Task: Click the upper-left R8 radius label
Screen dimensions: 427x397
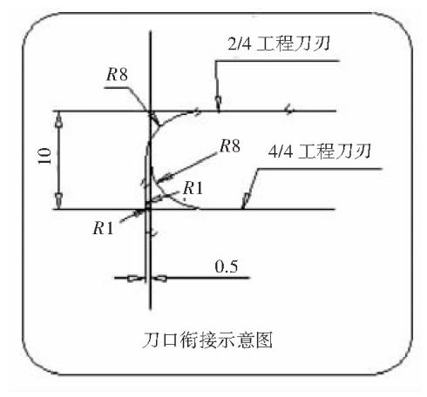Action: [x=117, y=75]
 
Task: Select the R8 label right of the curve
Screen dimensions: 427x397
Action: [x=230, y=145]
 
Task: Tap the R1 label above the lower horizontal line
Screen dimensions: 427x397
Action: [x=193, y=188]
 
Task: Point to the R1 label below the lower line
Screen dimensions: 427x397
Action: [x=103, y=228]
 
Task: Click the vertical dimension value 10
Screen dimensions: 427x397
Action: [x=44, y=156]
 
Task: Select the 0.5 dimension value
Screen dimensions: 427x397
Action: [x=227, y=266]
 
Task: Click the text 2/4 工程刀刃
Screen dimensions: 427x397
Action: [x=279, y=44]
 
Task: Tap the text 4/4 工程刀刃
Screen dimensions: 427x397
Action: [x=319, y=151]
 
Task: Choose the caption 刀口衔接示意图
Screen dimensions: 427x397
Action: [x=207, y=340]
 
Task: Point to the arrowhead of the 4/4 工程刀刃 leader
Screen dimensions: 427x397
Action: [x=246, y=200]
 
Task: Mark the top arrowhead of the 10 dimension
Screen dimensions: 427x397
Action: [x=58, y=119]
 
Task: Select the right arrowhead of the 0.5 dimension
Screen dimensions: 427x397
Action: [x=159, y=279]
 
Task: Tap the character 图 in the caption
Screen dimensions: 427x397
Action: [x=263, y=340]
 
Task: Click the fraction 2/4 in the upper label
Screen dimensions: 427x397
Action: [x=239, y=44]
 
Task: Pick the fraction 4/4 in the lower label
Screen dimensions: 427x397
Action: [x=280, y=151]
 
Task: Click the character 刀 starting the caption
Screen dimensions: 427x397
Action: [x=152, y=340]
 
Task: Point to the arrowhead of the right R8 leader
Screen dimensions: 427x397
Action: [x=165, y=177]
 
